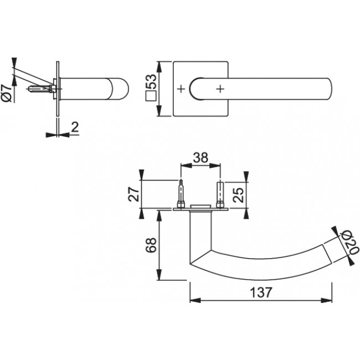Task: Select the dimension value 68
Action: [149, 245]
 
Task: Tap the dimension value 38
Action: [200, 158]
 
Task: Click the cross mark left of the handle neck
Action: [181, 89]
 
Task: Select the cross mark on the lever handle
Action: [220, 89]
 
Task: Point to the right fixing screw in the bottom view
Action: [220, 195]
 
